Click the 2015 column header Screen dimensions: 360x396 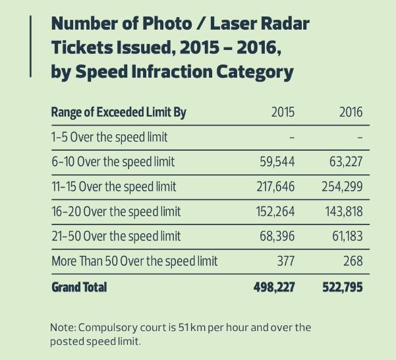(283, 113)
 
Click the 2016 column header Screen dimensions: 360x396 (351, 113)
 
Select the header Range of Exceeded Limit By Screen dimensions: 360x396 (119, 113)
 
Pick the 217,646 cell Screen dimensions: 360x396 (275, 187)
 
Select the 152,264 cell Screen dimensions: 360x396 (275, 212)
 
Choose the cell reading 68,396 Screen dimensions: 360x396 (277, 236)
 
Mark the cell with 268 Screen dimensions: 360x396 (353, 261)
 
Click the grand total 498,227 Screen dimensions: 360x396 (273, 288)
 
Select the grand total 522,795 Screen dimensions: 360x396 (342, 288)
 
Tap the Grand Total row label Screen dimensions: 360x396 (79, 288)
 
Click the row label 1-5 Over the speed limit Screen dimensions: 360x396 (109, 137)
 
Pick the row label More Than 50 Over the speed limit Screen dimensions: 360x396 (134, 261)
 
